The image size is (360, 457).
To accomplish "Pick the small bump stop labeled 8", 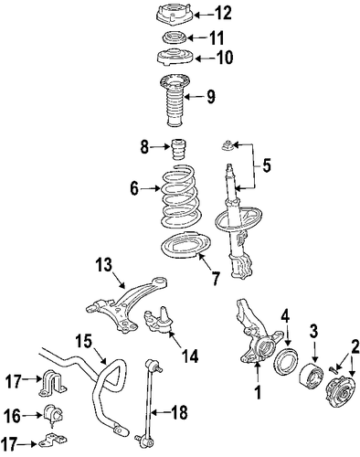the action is [x=178, y=149].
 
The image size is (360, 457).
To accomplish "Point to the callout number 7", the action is [x=216, y=278].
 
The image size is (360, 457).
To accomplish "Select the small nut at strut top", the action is [x=228, y=145].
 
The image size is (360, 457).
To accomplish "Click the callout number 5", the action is [x=267, y=165].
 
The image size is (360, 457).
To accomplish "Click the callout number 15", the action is [x=83, y=341].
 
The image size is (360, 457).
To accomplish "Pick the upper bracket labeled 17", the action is [x=52, y=382].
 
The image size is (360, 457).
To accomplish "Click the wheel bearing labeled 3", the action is [x=311, y=375].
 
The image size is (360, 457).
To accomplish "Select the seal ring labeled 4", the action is [x=286, y=361].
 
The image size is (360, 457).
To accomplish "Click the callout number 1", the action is [x=259, y=393].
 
